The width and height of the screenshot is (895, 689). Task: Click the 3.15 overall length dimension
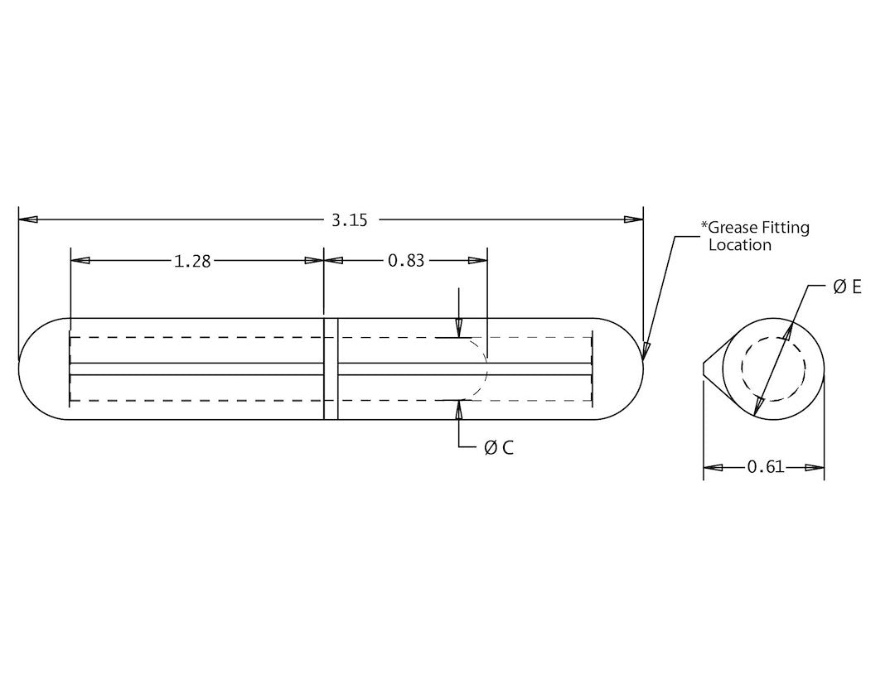point(349,219)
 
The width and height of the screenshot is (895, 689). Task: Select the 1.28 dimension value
point(192,261)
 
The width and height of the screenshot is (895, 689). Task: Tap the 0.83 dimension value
point(406,261)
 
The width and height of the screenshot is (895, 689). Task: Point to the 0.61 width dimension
point(765,467)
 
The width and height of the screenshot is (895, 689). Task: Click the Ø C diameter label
point(499,447)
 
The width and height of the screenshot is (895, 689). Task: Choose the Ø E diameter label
point(847,287)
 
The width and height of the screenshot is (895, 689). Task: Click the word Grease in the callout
point(732,228)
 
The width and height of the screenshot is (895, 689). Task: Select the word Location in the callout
point(740,245)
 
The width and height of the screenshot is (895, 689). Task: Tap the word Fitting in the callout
point(787,228)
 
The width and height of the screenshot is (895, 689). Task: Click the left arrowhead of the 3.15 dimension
point(28,219)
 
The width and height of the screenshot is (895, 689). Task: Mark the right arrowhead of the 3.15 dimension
point(633,219)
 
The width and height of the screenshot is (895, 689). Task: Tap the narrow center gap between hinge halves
point(331,369)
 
